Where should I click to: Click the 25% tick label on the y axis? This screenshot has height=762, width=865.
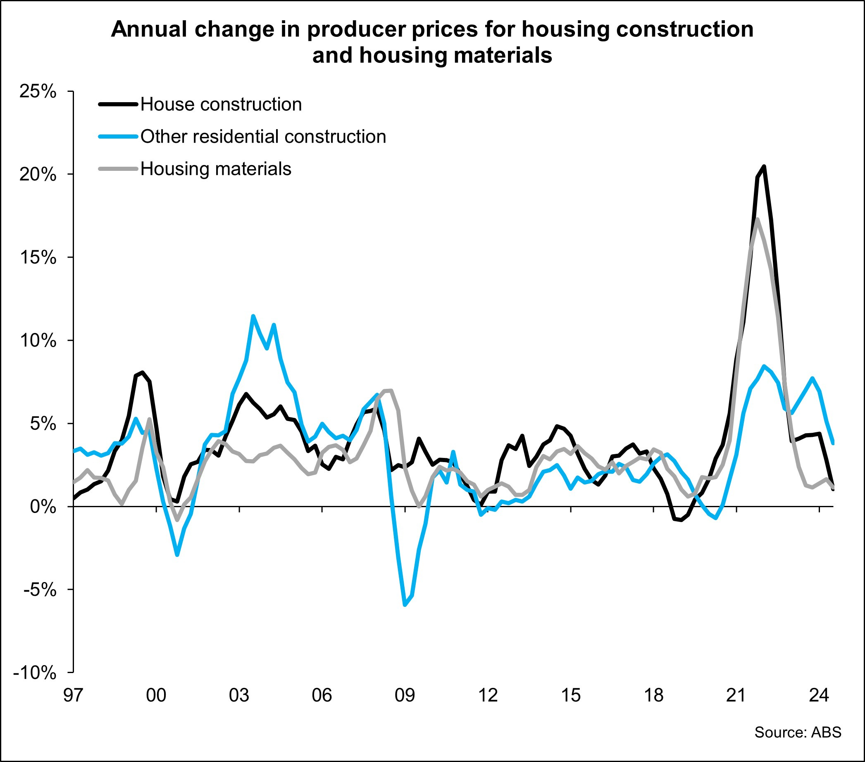click(x=38, y=91)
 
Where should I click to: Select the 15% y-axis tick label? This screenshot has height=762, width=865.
click(x=38, y=258)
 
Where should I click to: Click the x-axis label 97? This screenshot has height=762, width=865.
click(x=73, y=695)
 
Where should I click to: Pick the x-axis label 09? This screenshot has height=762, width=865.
click(x=405, y=695)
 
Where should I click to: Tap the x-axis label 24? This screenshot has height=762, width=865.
click(x=818, y=695)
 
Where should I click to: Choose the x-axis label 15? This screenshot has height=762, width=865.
click(x=570, y=695)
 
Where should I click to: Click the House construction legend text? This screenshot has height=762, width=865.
click(x=221, y=105)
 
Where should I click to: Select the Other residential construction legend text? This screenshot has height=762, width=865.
click(x=263, y=137)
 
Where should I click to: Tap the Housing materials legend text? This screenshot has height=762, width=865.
click(x=216, y=169)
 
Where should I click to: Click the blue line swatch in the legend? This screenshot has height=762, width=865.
click(x=118, y=137)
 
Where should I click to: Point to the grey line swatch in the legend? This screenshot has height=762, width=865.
click(x=118, y=169)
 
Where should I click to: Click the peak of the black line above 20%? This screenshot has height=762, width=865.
click(x=764, y=166)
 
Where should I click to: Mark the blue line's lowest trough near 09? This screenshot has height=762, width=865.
click(x=405, y=605)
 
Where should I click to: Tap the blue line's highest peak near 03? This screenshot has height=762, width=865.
click(x=253, y=316)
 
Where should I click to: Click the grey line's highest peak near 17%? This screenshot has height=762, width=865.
click(x=757, y=219)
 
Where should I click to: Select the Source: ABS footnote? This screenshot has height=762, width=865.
click(x=798, y=732)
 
